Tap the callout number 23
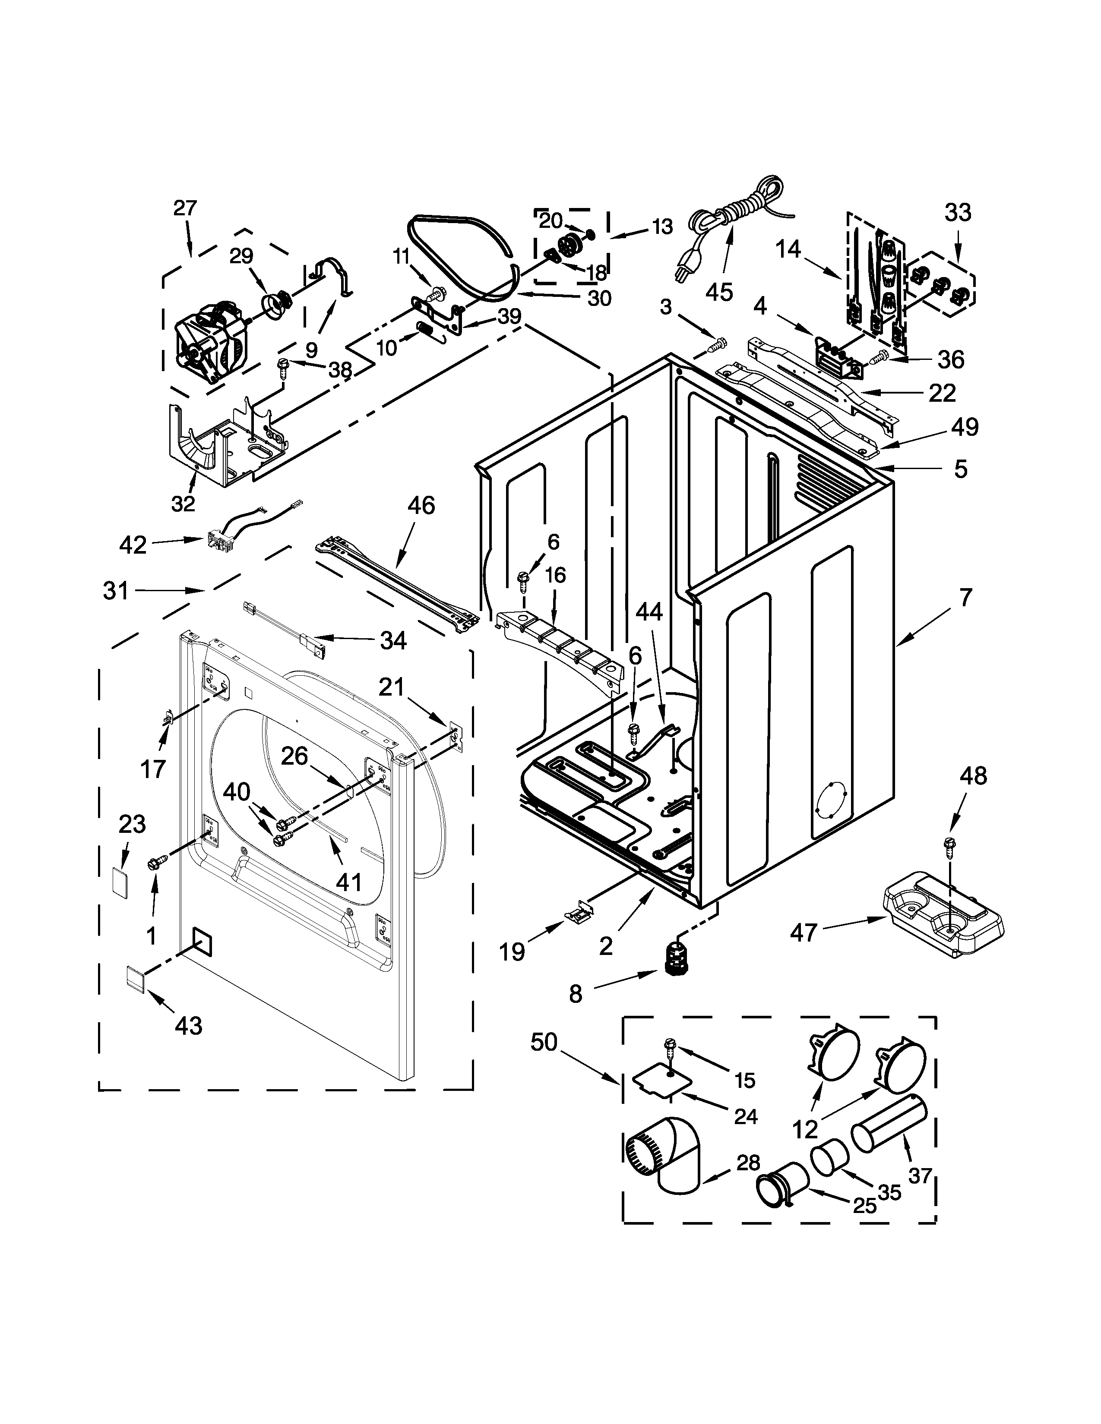pyautogui.click(x=133, y=824)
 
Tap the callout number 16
pyautogui.click(x=555, y=575)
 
